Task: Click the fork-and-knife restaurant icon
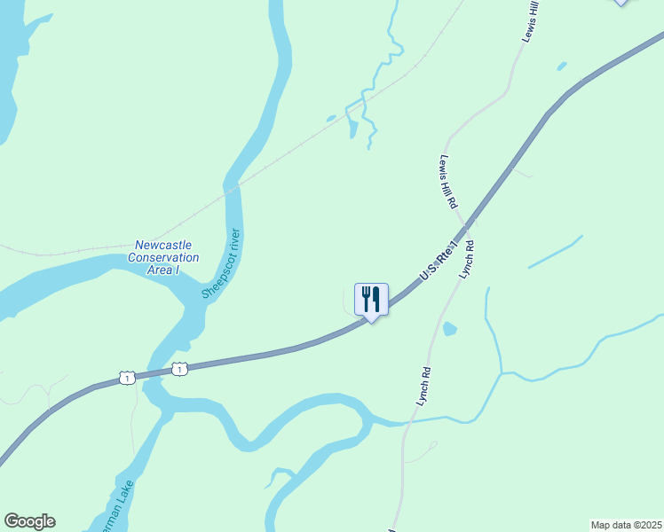[x=371, y=299]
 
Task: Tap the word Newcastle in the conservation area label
[x=163, y=246]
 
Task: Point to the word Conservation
[x=163, y=258]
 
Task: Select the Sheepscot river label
[x=221, y=265]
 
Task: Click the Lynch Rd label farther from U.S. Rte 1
[x=424, y=387]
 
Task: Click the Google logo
[x=29, y=521]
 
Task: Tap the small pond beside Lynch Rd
[x=449, y=329]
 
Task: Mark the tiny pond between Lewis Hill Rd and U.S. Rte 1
[x=561, y=66]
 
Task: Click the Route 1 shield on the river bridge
[x=180, y=369]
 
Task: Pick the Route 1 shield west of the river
[x=126, y=379]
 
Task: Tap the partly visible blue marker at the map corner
[x=621, y=3]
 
